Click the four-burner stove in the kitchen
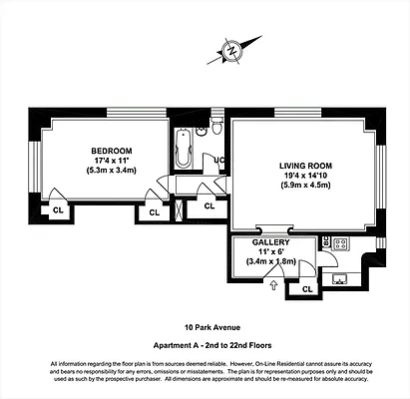coord(339,242)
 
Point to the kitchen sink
coord(340,277)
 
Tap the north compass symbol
coord(231,48)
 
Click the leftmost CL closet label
coord(57,209)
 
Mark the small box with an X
coord(179,209)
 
